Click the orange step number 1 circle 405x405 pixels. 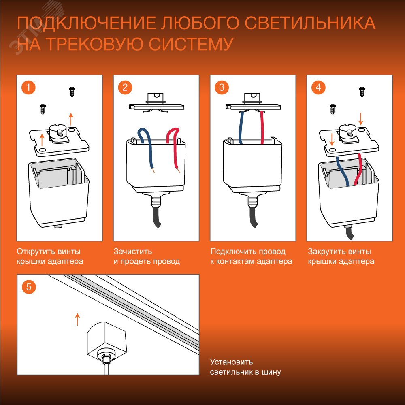28,87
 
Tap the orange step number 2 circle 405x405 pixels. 125,87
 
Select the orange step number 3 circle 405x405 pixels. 222,87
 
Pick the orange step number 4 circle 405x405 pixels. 318,87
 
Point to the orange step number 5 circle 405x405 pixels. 28,287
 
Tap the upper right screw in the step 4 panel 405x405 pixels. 362,92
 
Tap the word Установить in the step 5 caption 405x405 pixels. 231,362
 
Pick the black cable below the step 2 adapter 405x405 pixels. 156,217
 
